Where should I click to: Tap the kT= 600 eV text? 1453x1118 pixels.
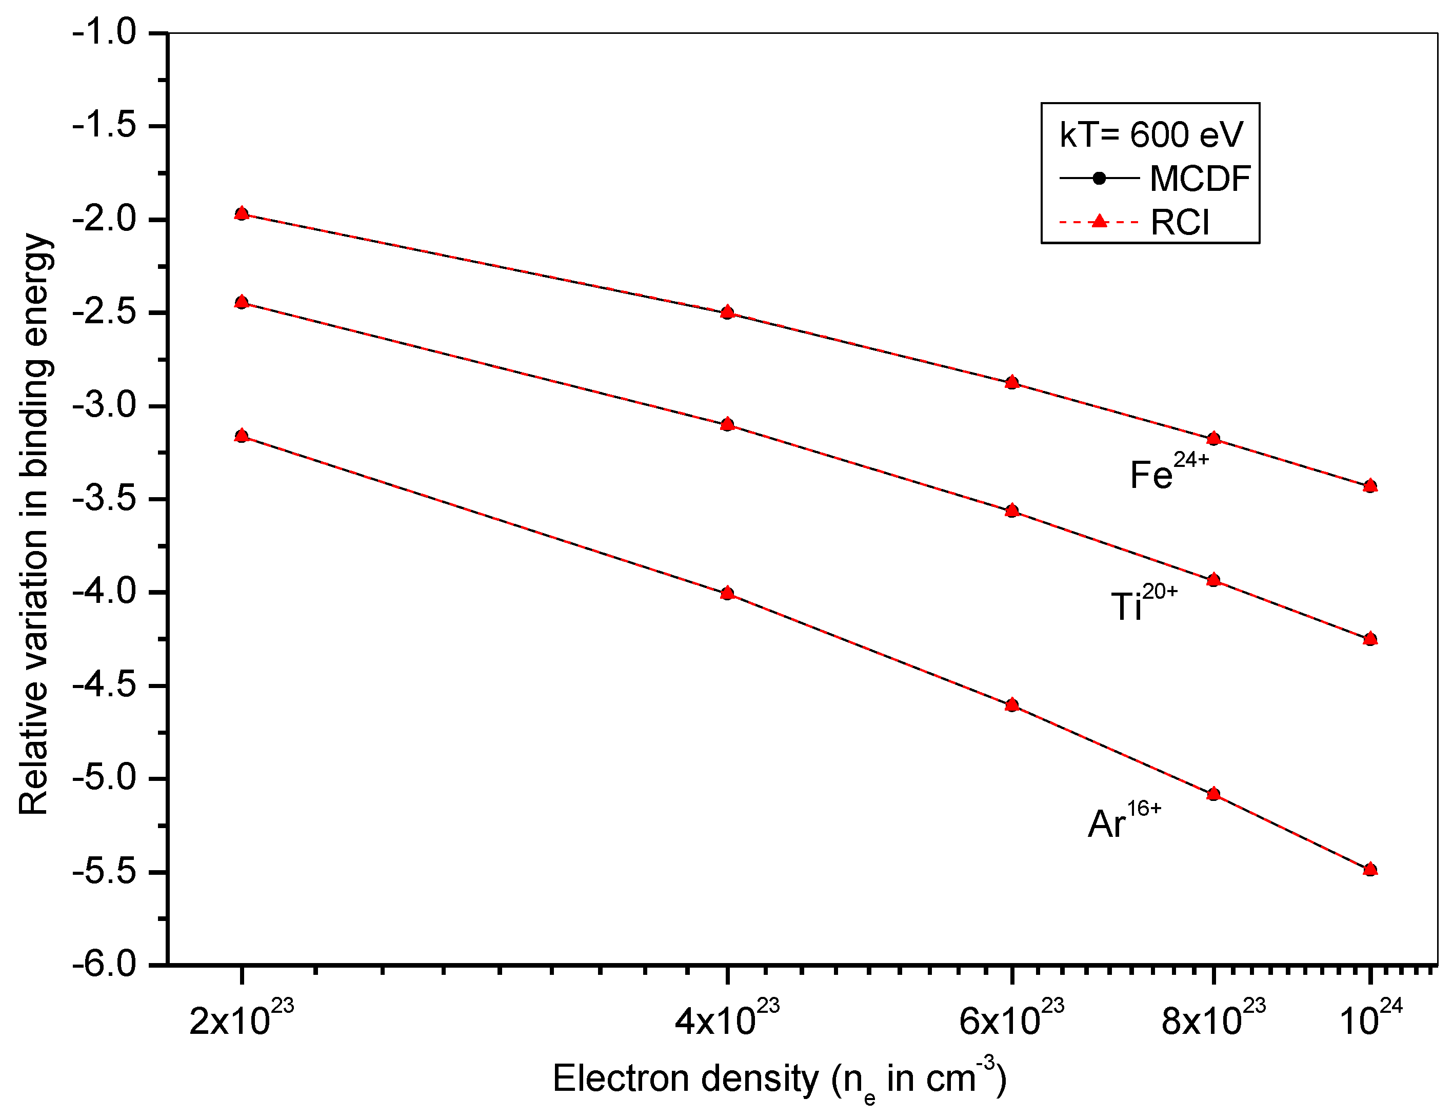[x=1150, y=135]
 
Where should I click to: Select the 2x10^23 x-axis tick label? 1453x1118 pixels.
[x=241, y=1019]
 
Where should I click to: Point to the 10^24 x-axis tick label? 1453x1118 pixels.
[x=1370, y=1019]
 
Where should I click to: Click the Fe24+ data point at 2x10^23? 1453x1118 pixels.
[x=242, y=213]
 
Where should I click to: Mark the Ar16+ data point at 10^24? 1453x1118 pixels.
[x=1370, y=869]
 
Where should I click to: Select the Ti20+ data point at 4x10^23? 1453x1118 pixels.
[x=727, y=424]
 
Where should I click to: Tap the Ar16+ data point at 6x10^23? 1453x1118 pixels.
[x=1012, y=705]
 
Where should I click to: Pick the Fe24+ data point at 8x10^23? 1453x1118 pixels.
[x=1213, y=438]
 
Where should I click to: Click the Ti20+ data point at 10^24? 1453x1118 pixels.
[x=1370, y=639]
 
